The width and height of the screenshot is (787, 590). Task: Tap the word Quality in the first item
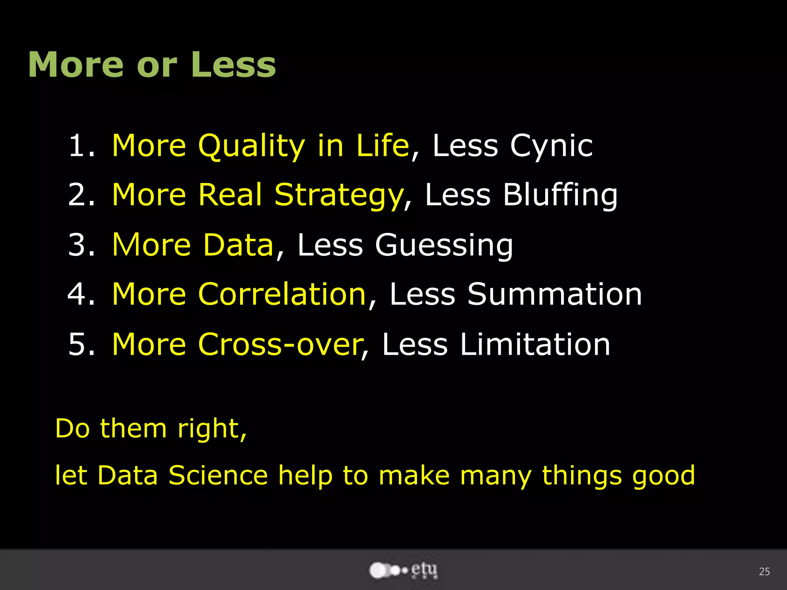[251, 147]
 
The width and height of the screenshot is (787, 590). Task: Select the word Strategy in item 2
[338, 196]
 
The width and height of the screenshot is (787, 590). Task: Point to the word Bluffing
[560, 196]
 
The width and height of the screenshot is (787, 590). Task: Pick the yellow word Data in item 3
[238, 245]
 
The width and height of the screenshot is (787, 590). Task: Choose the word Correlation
[282, 294]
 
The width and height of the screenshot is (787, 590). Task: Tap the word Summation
[555, 294]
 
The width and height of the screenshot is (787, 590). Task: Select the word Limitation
[535, 344]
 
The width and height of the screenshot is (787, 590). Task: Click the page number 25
[764, 572]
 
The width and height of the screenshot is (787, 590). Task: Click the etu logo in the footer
[403, 570]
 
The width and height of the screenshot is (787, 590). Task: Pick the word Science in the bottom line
[218, 476]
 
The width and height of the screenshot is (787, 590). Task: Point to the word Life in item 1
[382, 146]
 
